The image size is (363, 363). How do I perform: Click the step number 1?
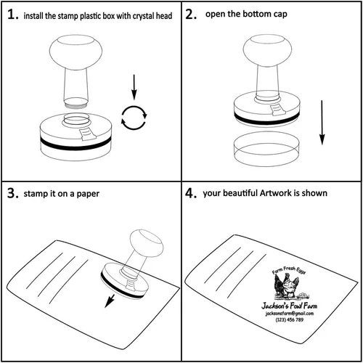12,15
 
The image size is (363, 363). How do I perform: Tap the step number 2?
191,15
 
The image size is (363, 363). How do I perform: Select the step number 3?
12,193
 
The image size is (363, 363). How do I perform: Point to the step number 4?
191,193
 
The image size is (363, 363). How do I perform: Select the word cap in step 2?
280,15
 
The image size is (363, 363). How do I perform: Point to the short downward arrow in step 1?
134,87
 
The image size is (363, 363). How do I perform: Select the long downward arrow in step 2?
322,123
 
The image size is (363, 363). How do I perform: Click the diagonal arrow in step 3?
110,301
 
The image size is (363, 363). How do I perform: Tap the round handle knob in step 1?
76,52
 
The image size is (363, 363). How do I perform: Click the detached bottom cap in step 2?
266,149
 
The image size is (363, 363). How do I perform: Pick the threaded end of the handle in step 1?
76,103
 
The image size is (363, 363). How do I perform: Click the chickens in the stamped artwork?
286,286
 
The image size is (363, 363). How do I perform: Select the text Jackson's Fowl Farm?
289,306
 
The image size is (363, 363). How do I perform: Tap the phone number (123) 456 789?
290,320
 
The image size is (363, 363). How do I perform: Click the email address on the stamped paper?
290,314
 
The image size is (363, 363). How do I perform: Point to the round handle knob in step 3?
147,243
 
